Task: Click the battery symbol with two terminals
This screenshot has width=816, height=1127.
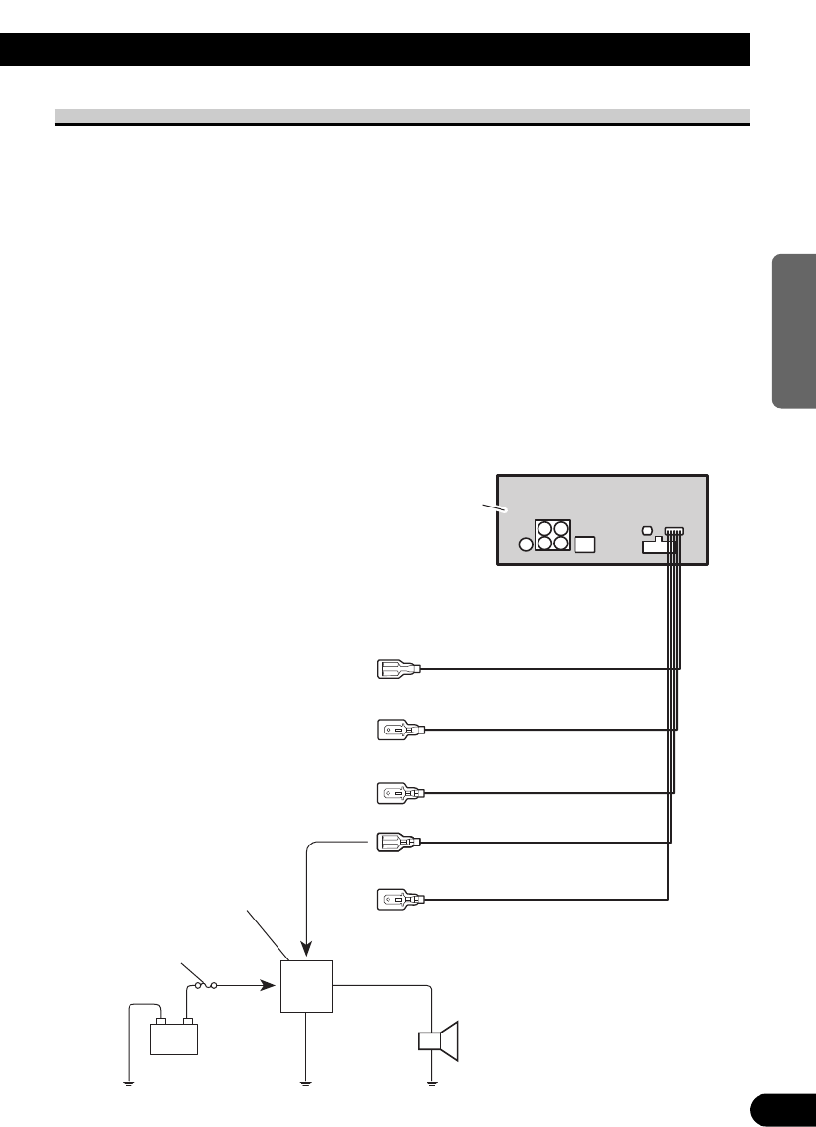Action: [173, 1036]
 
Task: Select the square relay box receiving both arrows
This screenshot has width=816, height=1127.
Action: [307, 985]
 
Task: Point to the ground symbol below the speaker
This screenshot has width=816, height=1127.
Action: [431, 1082]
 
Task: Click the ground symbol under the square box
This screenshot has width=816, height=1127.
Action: [306, 1082]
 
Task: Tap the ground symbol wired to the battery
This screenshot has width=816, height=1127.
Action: [128, 1082]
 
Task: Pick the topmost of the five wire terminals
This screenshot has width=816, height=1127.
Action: [397, 669]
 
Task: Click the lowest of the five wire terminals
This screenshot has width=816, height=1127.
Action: [397, 899]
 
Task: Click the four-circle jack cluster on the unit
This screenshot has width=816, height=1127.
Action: [551, 536]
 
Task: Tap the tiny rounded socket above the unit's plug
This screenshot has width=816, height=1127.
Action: [649, 530]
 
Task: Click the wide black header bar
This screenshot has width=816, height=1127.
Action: [375, 50]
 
